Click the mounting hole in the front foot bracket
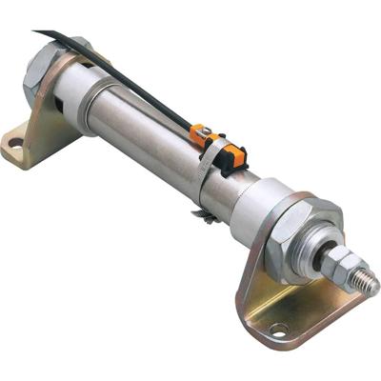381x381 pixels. tap(278, 330)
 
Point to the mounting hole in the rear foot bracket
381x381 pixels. tap(14, 146)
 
